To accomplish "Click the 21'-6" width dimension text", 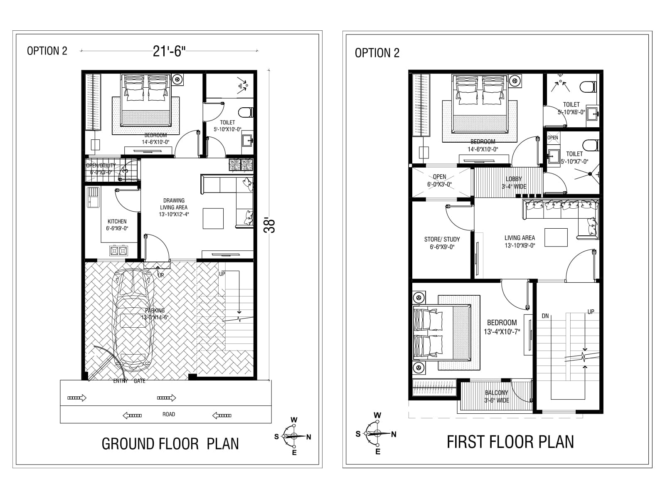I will (x=169, y=51).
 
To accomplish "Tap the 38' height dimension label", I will (x=271, y=225).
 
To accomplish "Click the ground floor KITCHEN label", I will (x=117, y=222).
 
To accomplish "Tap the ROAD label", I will (x=169, y=414).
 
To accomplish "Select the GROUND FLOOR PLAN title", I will (x=170, y=444).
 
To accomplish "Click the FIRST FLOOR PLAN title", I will (x=510, y=442).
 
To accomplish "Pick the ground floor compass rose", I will (x=294, y=436).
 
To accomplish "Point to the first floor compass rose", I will (x=377, y=433).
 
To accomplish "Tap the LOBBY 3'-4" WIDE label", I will (x=514, y=183).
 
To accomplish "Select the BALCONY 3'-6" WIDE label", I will (x=496, y=396).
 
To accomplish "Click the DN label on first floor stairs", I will (x=545, y=316).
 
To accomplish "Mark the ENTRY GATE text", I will (x=129, y=381).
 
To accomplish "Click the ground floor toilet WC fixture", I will (x=246, y=112).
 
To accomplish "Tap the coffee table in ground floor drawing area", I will (x=213, y=218).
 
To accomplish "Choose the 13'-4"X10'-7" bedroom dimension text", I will (x=502, y=332).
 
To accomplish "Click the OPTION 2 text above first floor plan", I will (x=377, y=53).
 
